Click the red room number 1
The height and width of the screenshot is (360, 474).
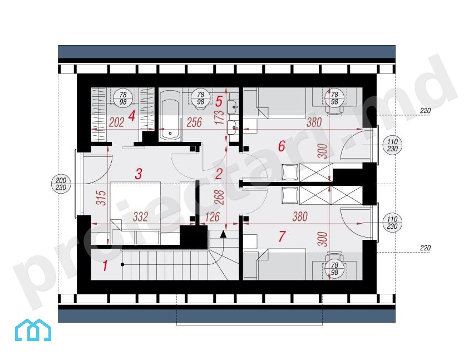pyautogui.click(x=105, y=266)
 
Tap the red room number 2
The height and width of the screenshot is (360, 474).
pyautogui.click(x=219, y=174)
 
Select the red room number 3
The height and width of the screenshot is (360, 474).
pyautogui.click(x=139, y=174)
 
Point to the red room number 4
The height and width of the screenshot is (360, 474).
pyautogui.click(x=131, y=116)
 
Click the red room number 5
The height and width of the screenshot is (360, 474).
pyautogui.click(x=219, y=102)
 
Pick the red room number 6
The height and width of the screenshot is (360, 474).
pyautogui.click(x=282, y=146)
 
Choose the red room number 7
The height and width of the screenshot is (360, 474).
pyautogui.click(x=282, y=236)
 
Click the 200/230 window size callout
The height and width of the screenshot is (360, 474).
pyautogui.click(x=61, y=184)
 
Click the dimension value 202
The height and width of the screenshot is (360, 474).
pyautogui.click(x=117, y=122)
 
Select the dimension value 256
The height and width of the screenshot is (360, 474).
pyautogui.click(x=194, y=122)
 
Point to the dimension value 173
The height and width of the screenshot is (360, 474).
pyautogui.click(x=220, y=117)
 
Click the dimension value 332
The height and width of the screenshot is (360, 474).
pyautogui.click(x=140, y=216)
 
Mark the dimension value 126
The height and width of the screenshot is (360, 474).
pyautogui.click(x=212, y=216)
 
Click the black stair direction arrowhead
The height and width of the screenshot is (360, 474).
pyautogui.click(x=223, y=234)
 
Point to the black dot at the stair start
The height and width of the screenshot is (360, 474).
pyautogui.click(x=122, y=264)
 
